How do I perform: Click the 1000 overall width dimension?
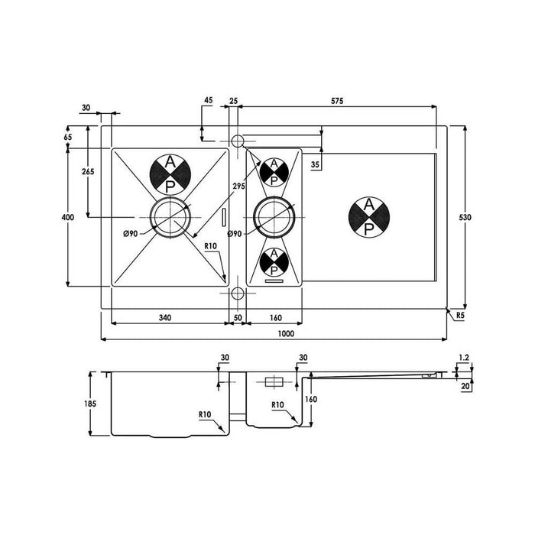coord(286,335)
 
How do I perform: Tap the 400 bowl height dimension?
coord(67,218)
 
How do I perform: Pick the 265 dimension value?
coord(87,172)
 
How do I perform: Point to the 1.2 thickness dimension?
coord(463,357)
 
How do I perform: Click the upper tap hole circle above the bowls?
coord(237,141)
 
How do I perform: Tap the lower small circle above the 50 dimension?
coord(237,293)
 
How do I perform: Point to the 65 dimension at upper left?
coord(68,136)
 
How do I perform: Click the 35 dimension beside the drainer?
coord(316,164)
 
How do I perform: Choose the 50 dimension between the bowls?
coord(238,317)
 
